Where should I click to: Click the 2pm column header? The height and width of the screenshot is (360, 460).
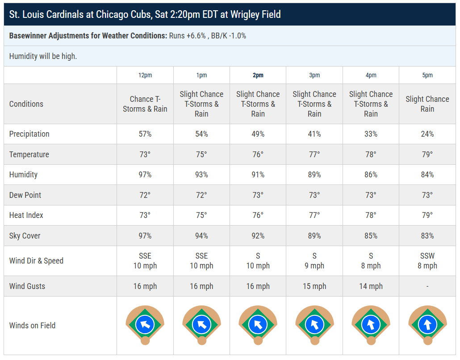click(258, 75)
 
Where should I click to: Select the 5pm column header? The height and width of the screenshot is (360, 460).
click(427, 75)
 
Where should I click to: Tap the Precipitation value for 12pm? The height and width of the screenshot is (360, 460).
click(145, 134)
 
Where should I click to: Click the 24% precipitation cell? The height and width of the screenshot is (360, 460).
click(427, 134)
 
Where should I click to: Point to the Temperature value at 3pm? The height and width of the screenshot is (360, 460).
click(314, 155)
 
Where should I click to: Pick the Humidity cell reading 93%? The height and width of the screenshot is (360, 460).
click(201, 175)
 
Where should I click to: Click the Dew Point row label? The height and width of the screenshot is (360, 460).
click(25, 195)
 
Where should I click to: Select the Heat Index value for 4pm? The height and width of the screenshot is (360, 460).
click(371, 215)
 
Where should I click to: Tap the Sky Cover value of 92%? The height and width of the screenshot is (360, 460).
click(258, 236)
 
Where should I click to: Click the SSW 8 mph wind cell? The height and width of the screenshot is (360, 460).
click(427, 260)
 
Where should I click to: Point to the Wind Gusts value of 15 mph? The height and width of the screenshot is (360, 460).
click(314, 286)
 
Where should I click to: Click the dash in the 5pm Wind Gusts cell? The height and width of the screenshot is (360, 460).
click(427, 286)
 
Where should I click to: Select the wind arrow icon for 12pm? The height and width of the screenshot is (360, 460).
click(145, 325)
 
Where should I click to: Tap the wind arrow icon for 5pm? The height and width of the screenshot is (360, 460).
click(427, 325)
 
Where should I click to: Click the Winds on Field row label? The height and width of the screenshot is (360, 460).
click(32, 325)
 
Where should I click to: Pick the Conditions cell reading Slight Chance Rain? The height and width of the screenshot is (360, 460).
click(427, 104)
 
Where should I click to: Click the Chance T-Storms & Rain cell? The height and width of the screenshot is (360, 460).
click(145, 104)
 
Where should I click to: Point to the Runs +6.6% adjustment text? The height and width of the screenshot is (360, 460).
click(188, 36)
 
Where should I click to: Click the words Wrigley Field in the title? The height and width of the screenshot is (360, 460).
click(255, 14)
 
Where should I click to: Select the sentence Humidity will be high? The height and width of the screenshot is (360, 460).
click(43, 56)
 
